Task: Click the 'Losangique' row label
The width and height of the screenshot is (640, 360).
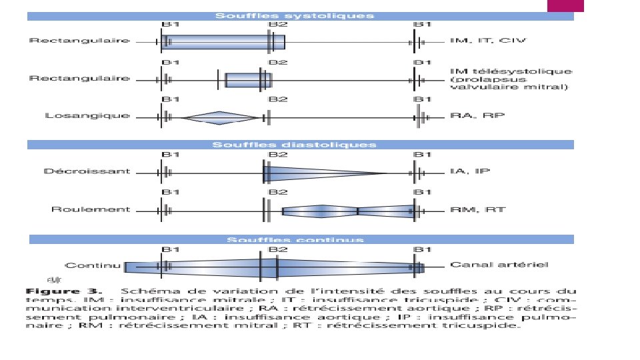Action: coord(87,116)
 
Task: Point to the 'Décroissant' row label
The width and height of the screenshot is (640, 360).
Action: coord(87,171)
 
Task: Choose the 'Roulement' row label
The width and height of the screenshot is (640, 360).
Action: coord(91,209)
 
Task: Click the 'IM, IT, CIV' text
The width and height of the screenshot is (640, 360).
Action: coord(488,41)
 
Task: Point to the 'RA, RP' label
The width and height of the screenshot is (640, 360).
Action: coord(478,115)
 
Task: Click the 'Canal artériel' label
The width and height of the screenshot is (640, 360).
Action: coord(499,265)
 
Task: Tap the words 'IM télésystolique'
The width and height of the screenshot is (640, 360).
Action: coord(511,71)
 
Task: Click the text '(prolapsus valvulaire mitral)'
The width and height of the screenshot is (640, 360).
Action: coord(509,83)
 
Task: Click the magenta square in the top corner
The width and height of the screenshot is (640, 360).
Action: coord(565,6)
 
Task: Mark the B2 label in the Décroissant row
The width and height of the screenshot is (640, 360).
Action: coord(278,155)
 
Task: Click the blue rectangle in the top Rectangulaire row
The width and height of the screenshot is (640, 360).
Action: coord(223,42)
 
